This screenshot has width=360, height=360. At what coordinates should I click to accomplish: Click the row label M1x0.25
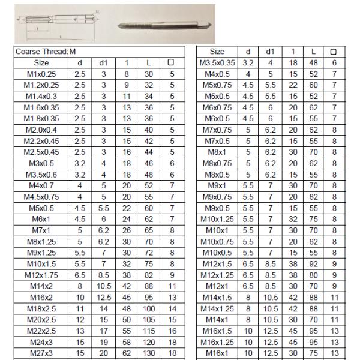pos(41,73)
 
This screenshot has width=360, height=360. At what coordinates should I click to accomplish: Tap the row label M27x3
pos(41,354)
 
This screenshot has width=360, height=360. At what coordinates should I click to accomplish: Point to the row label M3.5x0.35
pos(217,62)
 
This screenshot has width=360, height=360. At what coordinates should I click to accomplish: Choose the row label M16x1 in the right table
pos(217,354)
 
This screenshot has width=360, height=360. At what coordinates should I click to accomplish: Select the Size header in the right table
pos(217,52)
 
